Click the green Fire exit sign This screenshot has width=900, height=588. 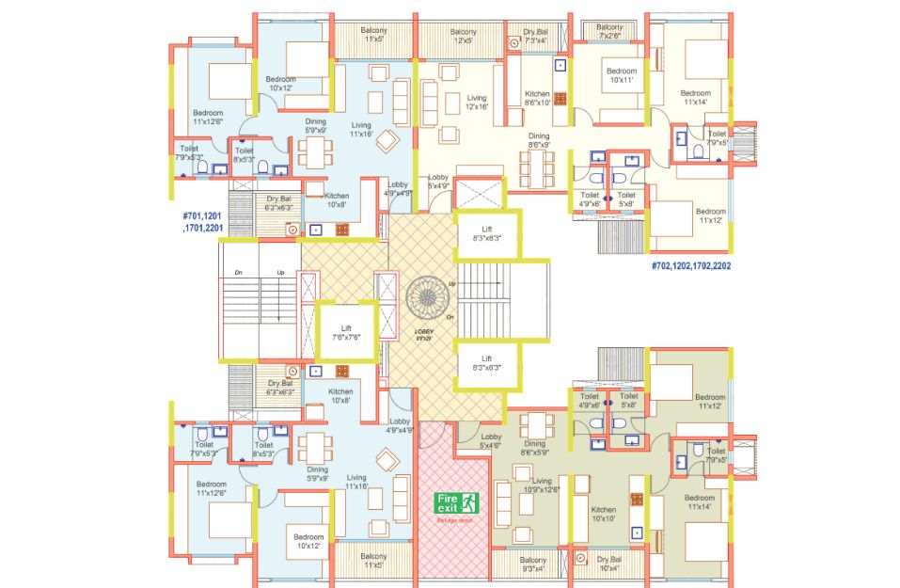[x=457, y=503]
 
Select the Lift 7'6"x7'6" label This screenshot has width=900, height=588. [x=346, y=331]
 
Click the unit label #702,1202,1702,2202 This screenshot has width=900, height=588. [x=691, y=266]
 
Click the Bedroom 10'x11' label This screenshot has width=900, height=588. [x=621, y=76]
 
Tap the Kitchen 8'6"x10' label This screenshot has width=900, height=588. [x=537, y=99]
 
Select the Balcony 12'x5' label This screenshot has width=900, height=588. [x=464, y=36]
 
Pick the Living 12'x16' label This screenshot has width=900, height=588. [x=477, y=103]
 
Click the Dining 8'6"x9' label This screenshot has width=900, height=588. [x=538, y=141]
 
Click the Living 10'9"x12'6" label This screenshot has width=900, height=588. [x=542, y=485]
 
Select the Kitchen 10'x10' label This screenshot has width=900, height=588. [x=603, y=514]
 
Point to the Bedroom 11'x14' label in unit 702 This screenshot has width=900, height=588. [x=695, y=99]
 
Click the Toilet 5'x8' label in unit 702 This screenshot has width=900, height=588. [x=625, y=199]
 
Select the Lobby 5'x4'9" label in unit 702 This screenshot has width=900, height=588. [x=438, y=182]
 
